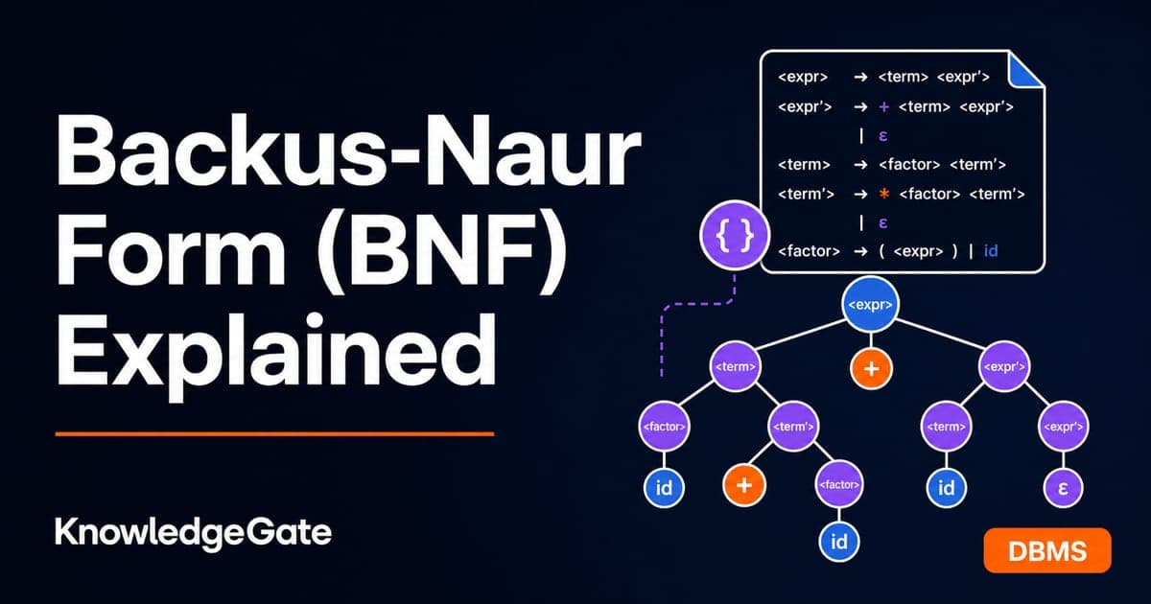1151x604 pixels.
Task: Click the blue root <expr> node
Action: pos(871,305)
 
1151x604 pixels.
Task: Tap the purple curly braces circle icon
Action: pos(735,235)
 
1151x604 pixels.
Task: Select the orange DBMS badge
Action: pos(1047,550)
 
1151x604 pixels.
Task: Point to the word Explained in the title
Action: pos(276,350)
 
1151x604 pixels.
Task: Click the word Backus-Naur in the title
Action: pos(348,150)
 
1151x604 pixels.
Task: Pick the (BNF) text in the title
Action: pos(442,250)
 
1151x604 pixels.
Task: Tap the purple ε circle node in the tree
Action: pos(1063,487)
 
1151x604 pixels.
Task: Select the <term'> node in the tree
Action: pos(793,427)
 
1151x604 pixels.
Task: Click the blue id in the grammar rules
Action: pos(991,251)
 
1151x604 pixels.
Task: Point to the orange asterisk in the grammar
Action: pos(883,194)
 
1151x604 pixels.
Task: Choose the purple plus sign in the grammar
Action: pos(883,106)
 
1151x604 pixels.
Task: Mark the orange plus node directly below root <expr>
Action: pos(871,369)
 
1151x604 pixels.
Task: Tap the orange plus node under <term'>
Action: pos(744,485)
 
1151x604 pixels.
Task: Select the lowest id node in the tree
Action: pos(838,542)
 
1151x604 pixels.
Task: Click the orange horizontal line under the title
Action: pos(274,434)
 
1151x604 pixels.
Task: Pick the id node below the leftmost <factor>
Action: pos(664,487)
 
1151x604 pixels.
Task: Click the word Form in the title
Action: pos(171,250)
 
